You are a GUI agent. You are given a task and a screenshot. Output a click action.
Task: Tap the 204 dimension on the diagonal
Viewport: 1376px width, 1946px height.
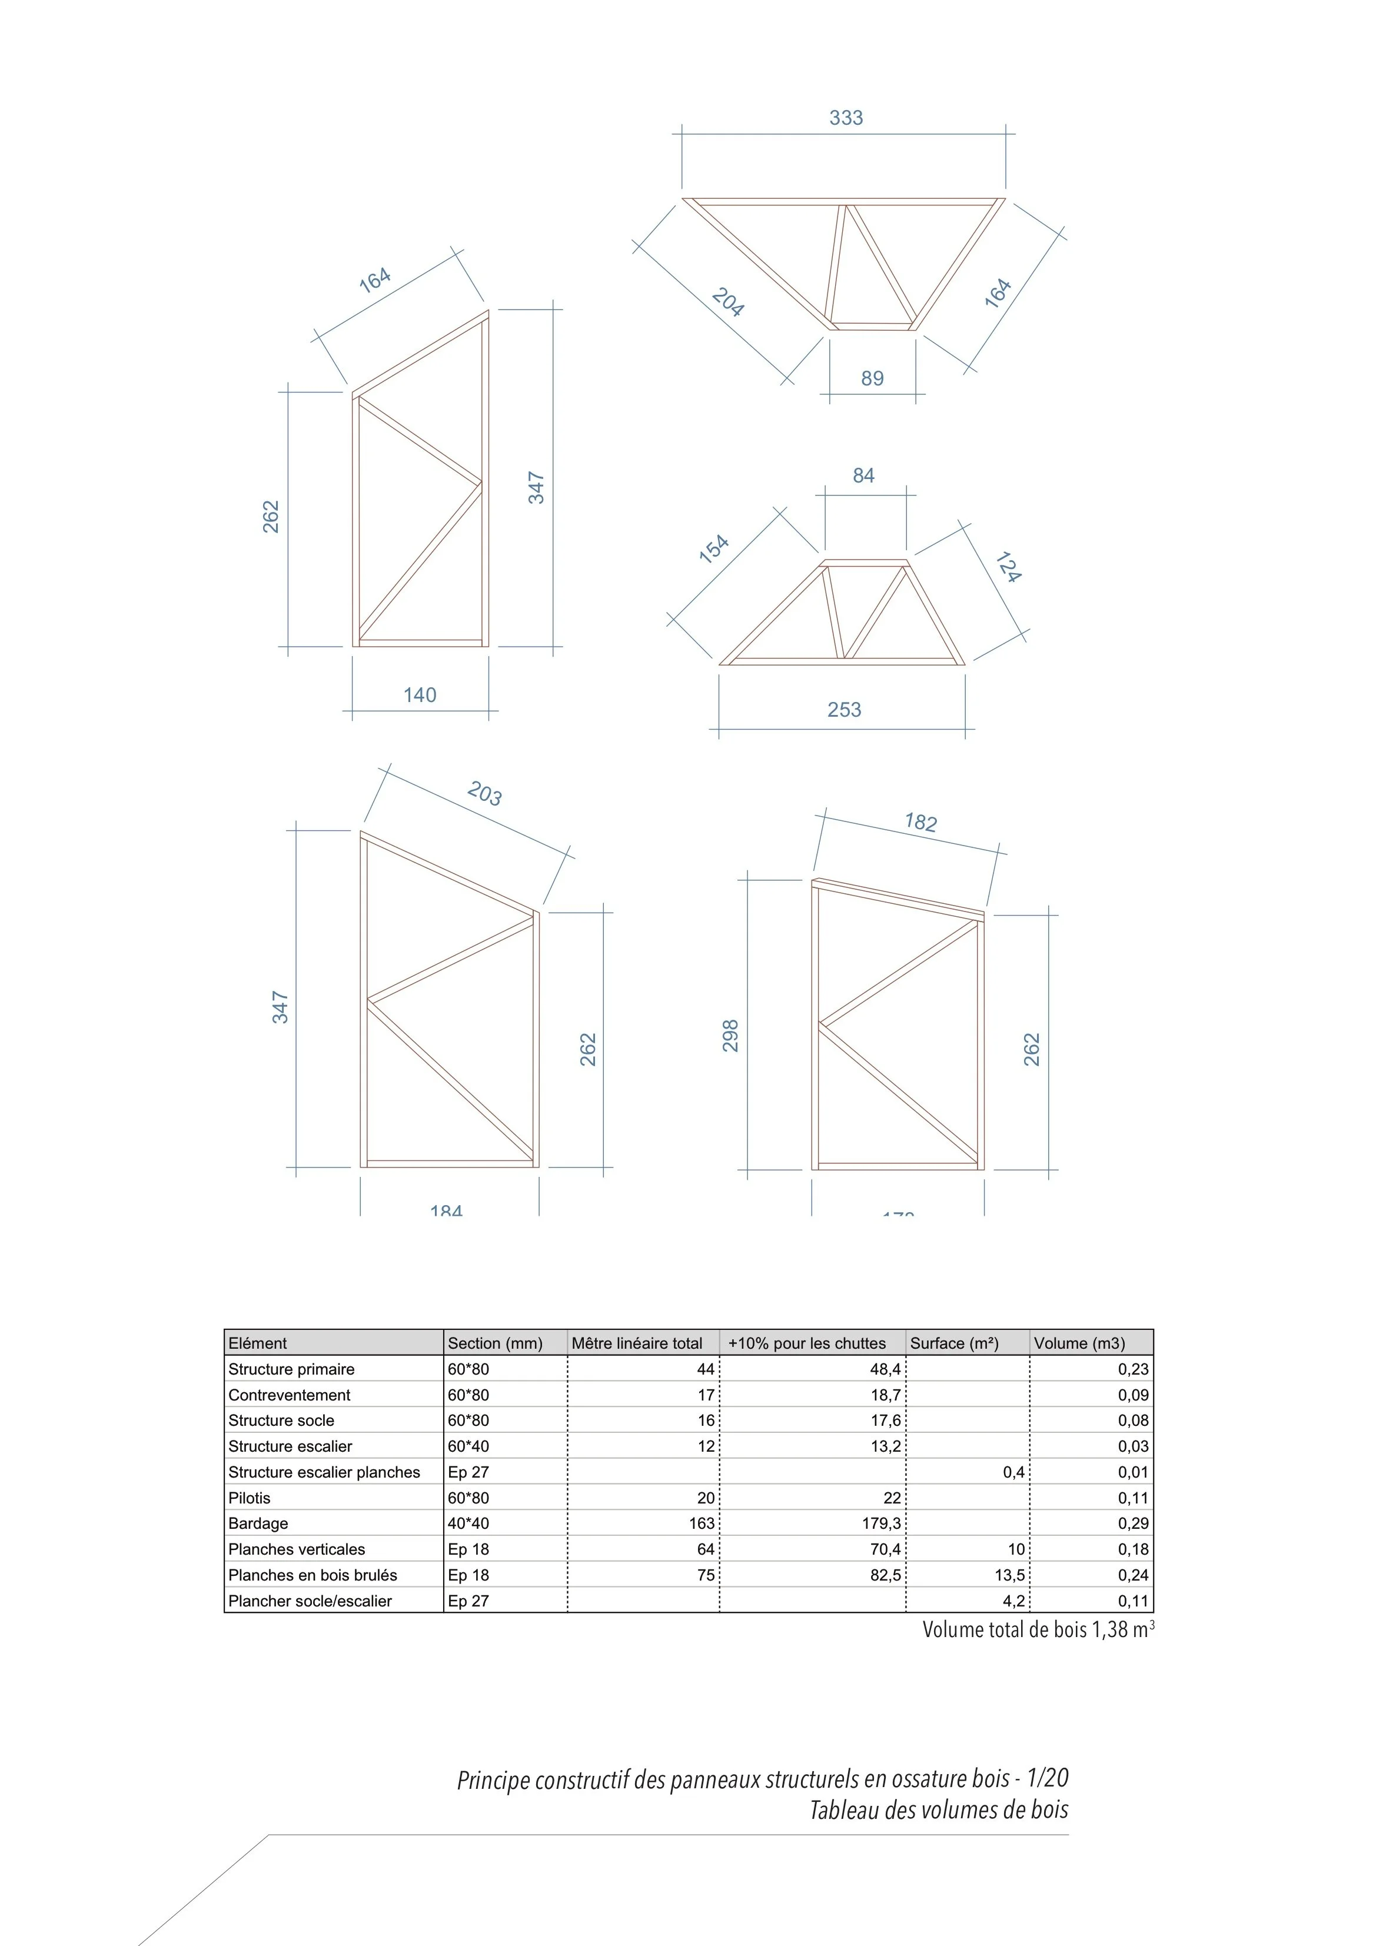727,302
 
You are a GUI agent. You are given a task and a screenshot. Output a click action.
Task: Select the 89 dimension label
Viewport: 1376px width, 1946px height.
872,379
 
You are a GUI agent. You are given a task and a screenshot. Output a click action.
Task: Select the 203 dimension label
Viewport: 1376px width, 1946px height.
484,794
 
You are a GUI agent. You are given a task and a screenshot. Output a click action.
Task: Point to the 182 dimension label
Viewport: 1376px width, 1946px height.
920,822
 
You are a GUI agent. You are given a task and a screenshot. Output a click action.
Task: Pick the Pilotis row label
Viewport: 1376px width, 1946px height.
250,1498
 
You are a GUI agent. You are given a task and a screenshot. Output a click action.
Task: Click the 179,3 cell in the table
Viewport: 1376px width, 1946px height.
881,1523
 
